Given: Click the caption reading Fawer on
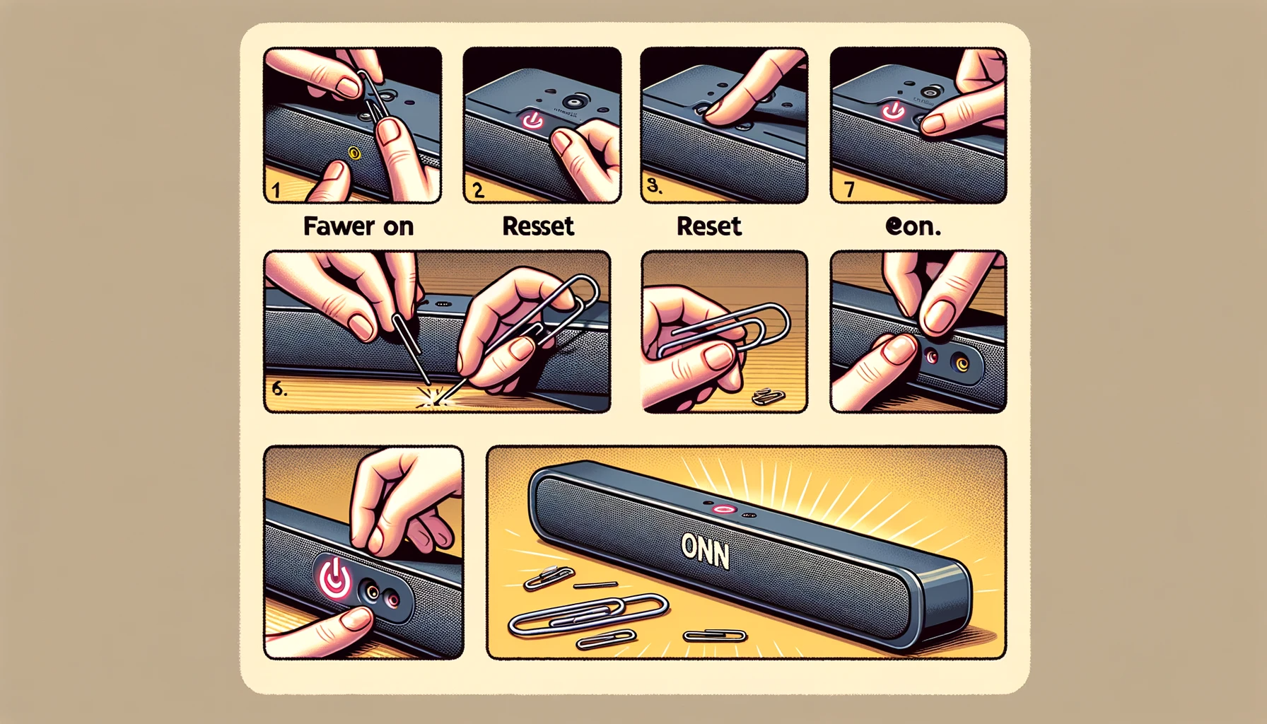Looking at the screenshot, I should (x=358, y=226).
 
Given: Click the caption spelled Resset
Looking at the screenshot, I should (x=538, y=226).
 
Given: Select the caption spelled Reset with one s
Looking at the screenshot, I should (x=708, y=226).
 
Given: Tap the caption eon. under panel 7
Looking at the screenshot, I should (x=913, y=226).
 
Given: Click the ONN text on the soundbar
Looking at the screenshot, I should (x=705, y=551).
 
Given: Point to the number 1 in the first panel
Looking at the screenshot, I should (x=276, y=190).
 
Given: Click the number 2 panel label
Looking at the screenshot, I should (x=478, y=190).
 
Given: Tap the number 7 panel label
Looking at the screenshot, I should (x=849, y=189).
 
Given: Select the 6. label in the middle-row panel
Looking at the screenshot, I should (x=279, y=388).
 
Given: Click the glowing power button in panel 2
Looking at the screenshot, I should (x=532, y=121).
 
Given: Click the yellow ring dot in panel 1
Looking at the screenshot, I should (x=354, y=153).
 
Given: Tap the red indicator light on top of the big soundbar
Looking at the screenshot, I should (x=723, y=509).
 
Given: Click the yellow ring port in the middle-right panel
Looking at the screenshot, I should (x=962, y=363).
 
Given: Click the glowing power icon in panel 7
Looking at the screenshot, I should (x=892, y=111).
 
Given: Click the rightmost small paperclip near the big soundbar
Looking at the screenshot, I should (x=715, y=636).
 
